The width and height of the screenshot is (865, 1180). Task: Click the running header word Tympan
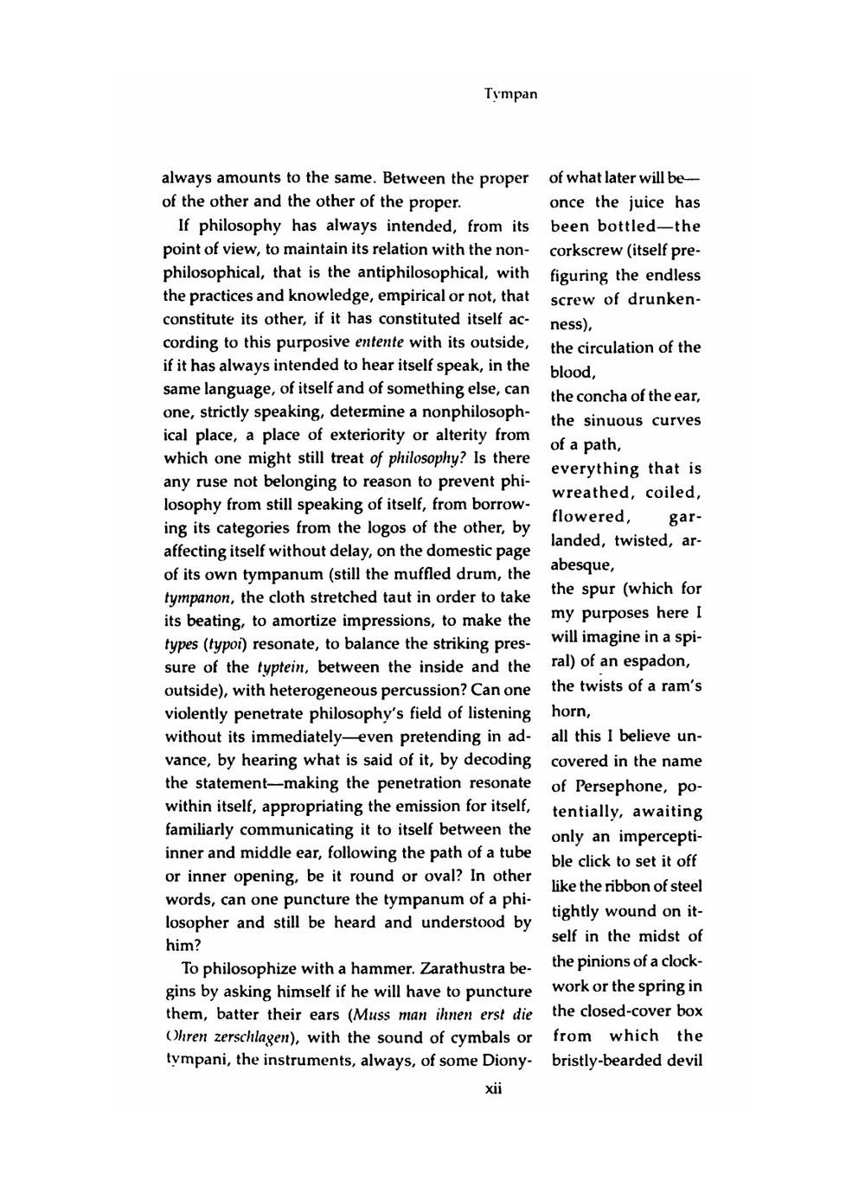(x=510, y=93)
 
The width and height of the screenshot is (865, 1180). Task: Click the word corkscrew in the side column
(x=589, y=252)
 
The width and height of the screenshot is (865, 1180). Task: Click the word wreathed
(x=591, y=493)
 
